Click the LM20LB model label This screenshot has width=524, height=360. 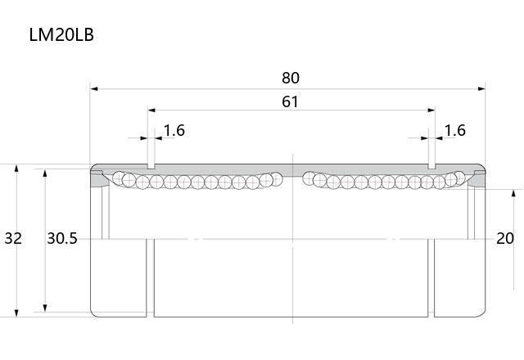61,34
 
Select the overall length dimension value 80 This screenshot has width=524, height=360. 291,78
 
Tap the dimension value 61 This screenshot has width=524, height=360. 290,101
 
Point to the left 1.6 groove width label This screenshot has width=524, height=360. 174,130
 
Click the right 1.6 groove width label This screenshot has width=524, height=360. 455,130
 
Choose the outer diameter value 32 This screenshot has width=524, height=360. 13,238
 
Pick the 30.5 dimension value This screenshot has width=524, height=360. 62,238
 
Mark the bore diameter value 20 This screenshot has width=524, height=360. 505,238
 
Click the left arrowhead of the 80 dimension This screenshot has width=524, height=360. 94,89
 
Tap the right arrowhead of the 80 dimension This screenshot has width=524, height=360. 481,89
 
